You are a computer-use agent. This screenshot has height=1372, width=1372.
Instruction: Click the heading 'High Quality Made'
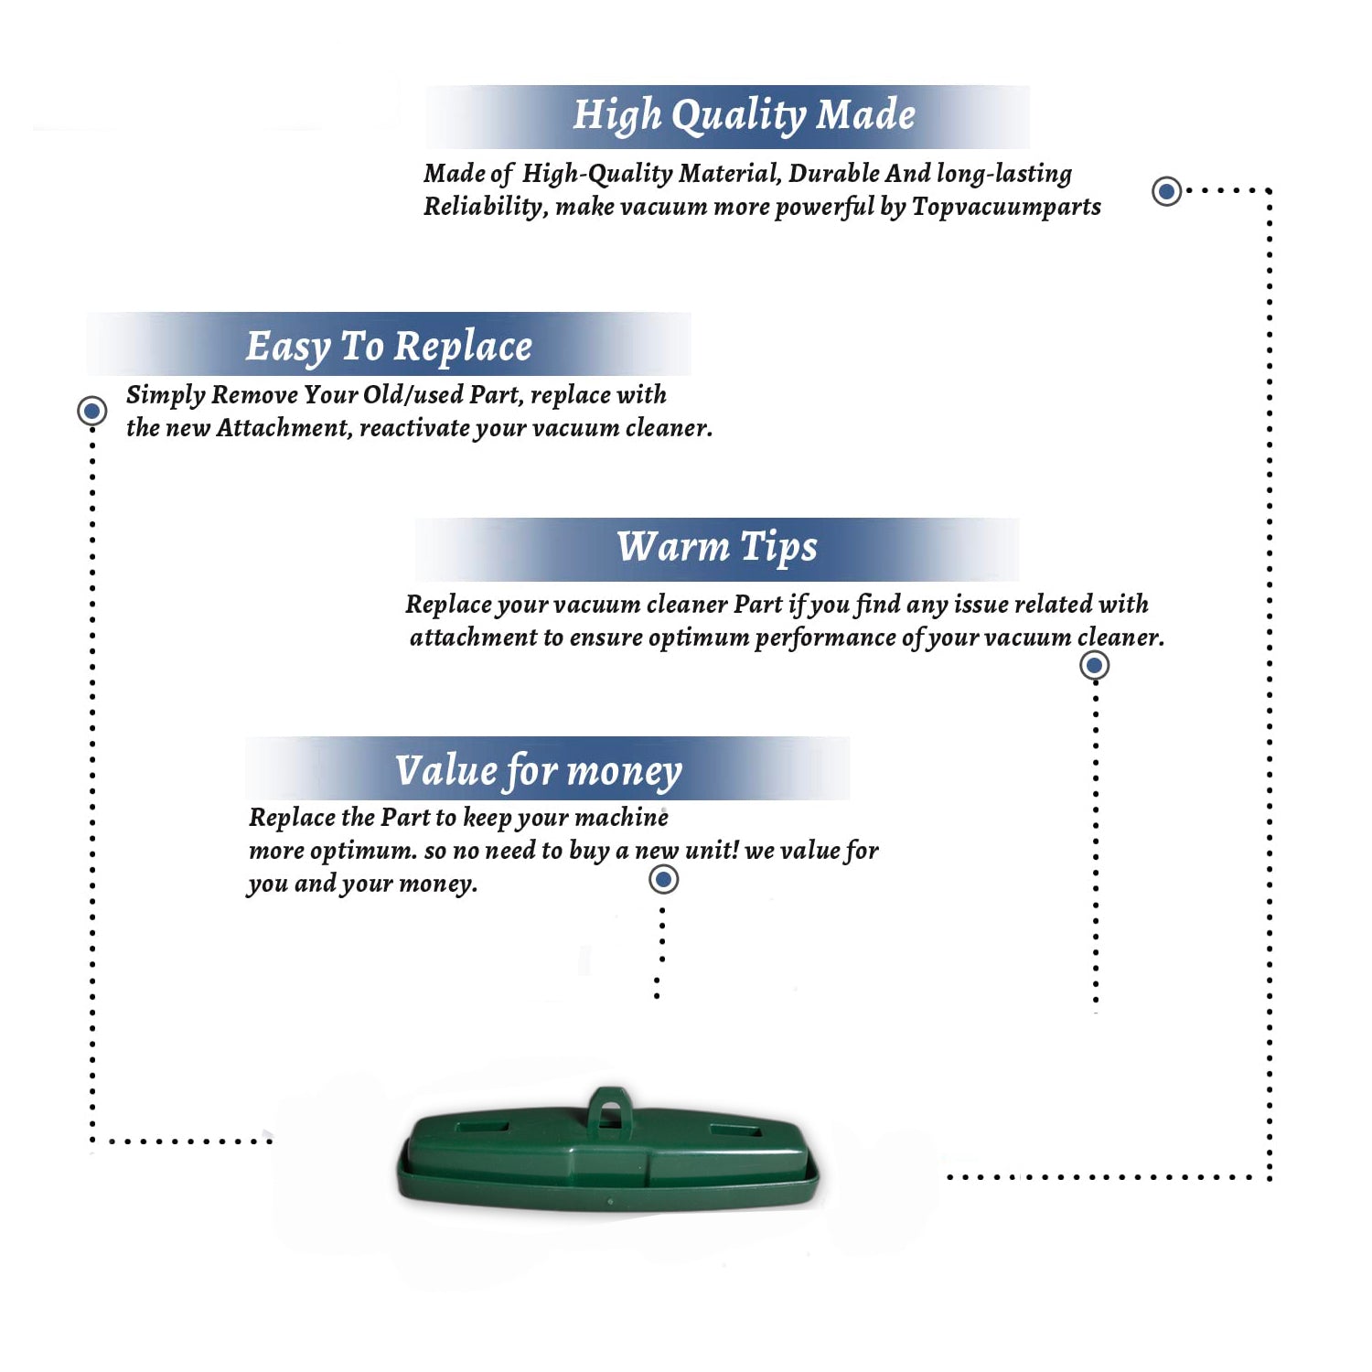pyautogui.click(x=744, y=116)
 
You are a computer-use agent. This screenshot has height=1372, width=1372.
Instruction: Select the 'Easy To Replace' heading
pyautogui.click(x=389, y=348)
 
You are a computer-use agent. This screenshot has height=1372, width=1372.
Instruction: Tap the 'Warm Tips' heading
pyautogui.click(x=716, y=547)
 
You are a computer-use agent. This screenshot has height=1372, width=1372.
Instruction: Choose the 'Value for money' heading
pyautogui.click(x=538, y=770)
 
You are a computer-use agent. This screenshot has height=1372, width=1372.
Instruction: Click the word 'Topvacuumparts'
pyautogui.click(x=1006, y=207)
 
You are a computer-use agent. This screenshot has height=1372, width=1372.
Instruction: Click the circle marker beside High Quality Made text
pyautogui.click(x=1166, y=191)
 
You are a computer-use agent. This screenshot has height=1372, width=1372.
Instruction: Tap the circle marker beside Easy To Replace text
pyautogui.click(x=91, y=411)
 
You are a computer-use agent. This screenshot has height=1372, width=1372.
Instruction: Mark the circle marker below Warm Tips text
pyautogui.click(x=1094, y=665)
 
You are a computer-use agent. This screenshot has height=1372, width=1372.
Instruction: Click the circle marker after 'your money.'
pyautogui.click(x=663, y=880)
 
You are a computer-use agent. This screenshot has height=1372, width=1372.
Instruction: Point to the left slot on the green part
pyautogui.click(x=482, y=1126)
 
